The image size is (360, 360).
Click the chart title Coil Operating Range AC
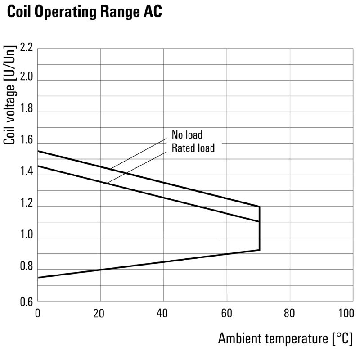coord(84,13)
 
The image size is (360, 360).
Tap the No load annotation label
coord(187,135)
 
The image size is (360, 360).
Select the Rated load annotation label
coord(193,148)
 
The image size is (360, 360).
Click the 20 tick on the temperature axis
coord(100,313)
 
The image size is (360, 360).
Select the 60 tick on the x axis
coord(227,313)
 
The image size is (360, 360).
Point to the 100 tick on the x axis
coord(346,313)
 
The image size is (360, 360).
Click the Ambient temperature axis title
coord(285,338)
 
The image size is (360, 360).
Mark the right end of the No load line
coord(259,207)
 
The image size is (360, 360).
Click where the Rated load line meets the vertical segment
coord(259,221)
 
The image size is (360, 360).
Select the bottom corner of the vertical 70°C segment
coord(259,250)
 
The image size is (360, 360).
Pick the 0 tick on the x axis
coord(38,313)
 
